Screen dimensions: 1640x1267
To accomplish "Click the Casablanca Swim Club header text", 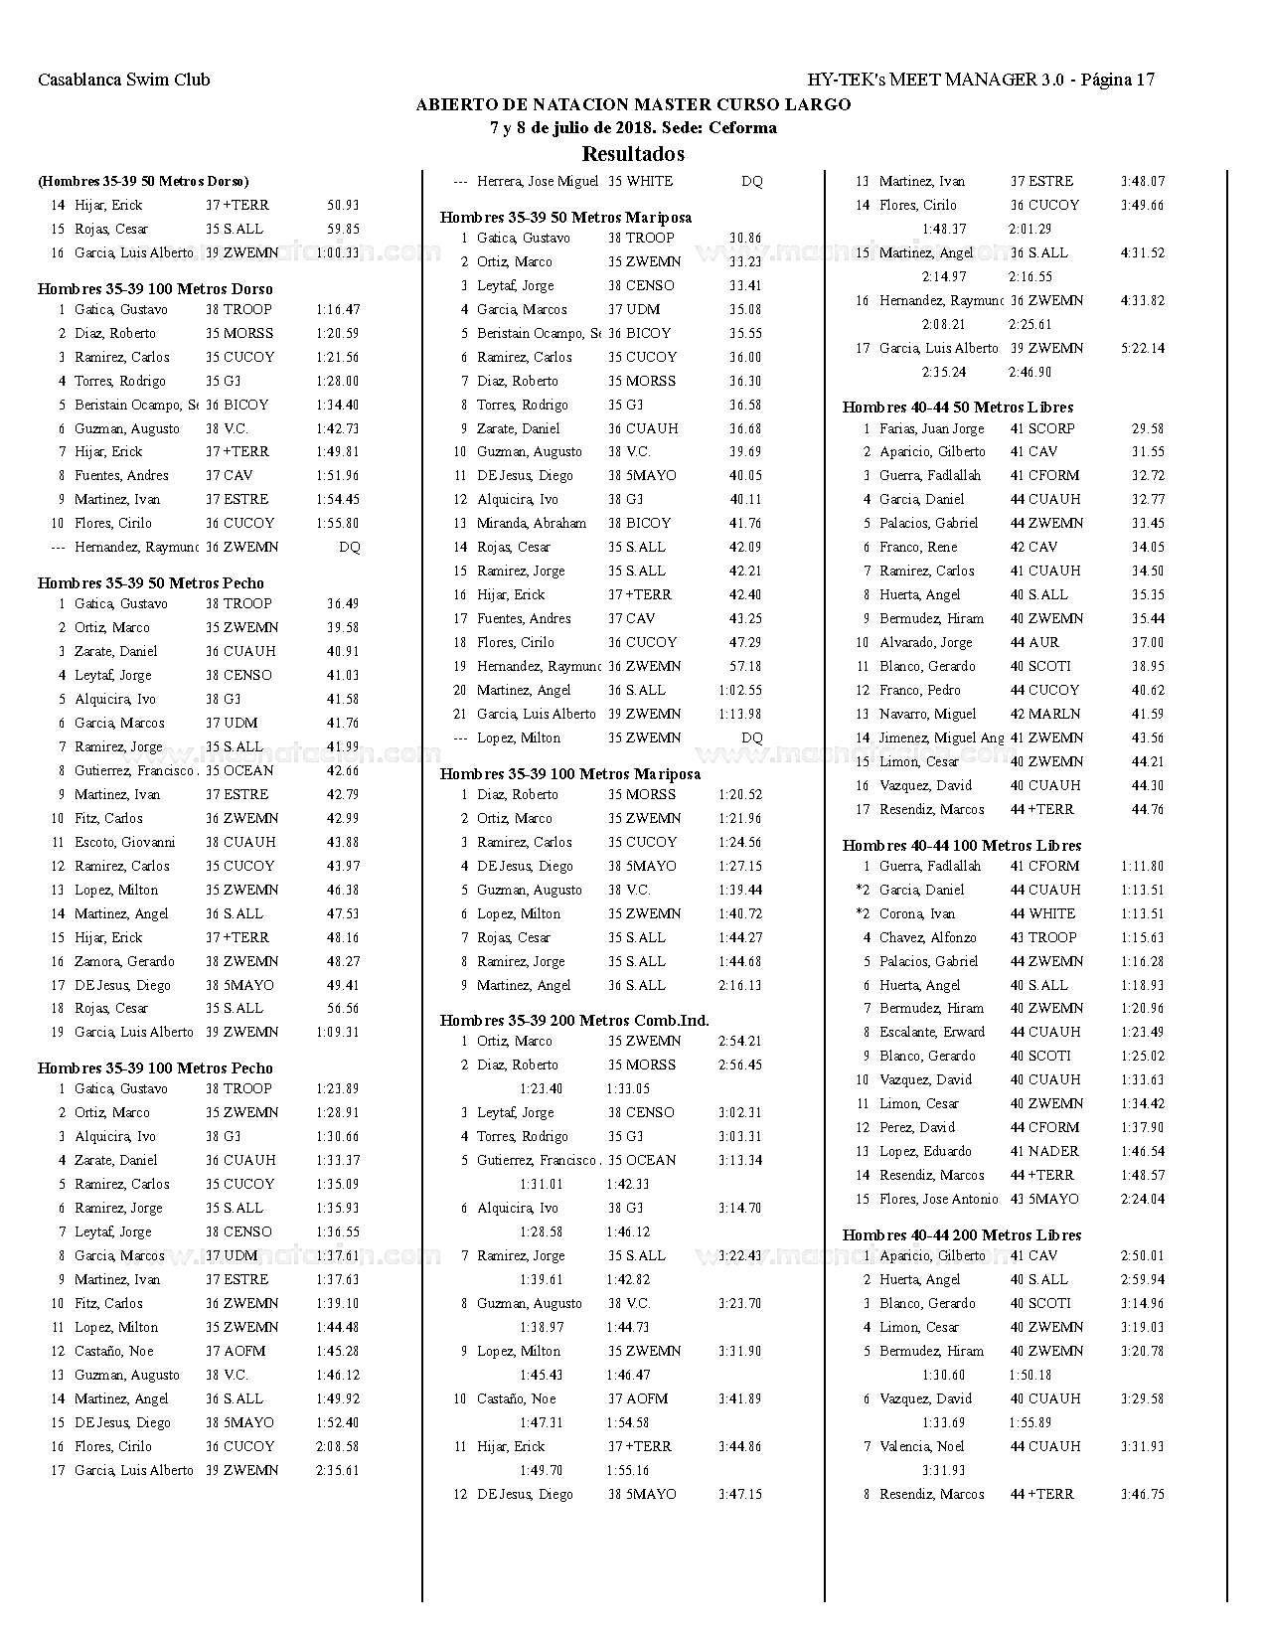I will coord(123,80).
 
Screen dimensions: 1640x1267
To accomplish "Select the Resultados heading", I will coord(633,154).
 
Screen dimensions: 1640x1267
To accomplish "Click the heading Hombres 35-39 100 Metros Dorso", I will coord(155,289).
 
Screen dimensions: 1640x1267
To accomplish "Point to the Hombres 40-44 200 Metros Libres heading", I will coord(962,1235).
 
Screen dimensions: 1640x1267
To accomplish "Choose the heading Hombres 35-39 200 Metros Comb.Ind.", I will coord(574,1021).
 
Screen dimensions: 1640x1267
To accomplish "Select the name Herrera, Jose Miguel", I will coord(538,181).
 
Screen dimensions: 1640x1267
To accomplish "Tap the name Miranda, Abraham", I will coord(532,523).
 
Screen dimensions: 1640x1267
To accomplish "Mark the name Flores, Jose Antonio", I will coord(938,1199).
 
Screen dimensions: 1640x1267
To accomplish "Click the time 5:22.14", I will coord(1142,348).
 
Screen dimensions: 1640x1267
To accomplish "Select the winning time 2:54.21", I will coord(739,1041).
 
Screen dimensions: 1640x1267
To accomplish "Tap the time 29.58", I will coord(1147,428).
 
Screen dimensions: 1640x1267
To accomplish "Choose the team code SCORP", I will coord(1051,428).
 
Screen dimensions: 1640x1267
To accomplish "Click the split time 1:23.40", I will coord(541,1088).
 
